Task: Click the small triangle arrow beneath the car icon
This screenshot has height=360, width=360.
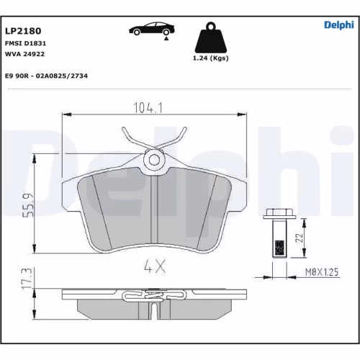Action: (166, 42)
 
